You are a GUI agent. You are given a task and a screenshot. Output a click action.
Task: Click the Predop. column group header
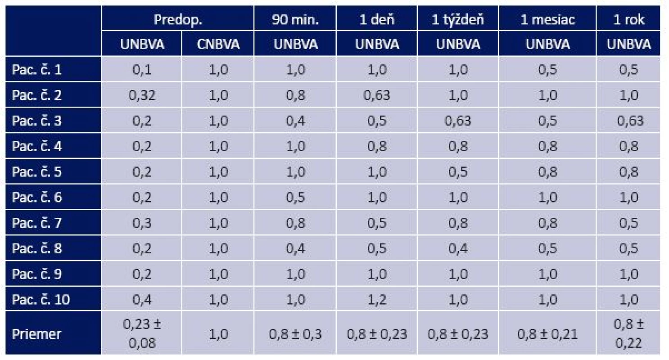tap(178, 20)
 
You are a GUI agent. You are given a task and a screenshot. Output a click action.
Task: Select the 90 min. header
tap(295, 20)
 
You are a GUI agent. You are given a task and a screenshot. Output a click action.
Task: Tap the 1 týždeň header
tap(457, 20)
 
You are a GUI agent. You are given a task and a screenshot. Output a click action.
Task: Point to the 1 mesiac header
tap(547, 20)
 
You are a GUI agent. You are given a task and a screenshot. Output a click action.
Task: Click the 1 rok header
tap(628, 20)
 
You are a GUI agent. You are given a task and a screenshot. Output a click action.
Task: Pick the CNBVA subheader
tap(218, 45)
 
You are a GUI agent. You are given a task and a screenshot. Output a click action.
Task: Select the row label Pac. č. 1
tap(37, 70)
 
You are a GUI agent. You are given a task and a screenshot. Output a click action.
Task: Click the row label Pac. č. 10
tap(41, 299)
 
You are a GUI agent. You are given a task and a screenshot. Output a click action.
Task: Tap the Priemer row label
tap(36, 334)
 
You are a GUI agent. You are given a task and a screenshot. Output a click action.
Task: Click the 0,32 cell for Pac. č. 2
tap(142, 95)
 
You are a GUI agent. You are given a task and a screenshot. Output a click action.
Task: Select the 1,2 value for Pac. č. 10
tap(377, 299)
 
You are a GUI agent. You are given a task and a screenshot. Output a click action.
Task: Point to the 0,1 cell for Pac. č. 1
tap(142, 70)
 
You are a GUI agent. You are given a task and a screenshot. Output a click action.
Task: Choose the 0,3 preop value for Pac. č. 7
tap(142, 223)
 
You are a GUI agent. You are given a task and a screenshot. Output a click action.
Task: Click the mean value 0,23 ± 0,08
tap(142, 334)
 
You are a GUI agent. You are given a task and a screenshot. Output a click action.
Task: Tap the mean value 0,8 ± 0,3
tap(295, 334)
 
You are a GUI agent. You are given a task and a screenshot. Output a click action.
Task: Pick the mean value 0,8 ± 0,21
tap(547, 334)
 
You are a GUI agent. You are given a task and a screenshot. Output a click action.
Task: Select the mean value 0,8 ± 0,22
tap(628, 334)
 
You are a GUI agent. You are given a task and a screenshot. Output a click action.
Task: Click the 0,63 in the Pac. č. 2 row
tap(377, 95)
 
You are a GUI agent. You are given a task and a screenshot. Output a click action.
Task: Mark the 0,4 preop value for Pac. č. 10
tap(142, 299)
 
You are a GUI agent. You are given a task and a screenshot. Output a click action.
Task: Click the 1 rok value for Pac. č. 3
tap(630, 121)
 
